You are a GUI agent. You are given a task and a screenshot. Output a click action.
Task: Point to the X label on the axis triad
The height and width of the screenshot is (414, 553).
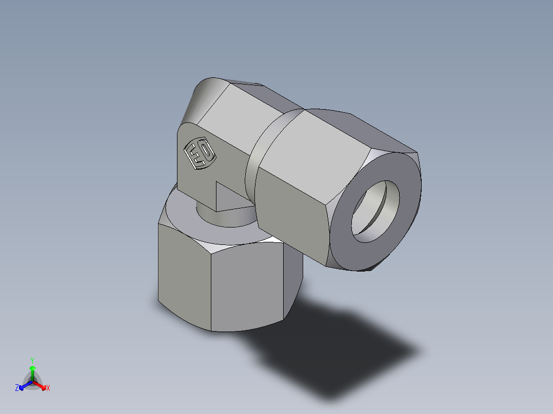[x=48, y=388]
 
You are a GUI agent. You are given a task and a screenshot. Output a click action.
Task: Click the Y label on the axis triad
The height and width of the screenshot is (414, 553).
[x=32, y=360]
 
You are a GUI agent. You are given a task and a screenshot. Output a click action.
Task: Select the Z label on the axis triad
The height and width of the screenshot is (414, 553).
[x=16, y=388]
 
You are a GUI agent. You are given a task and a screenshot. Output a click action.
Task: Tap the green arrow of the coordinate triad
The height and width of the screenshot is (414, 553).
[x=32, y=371]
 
